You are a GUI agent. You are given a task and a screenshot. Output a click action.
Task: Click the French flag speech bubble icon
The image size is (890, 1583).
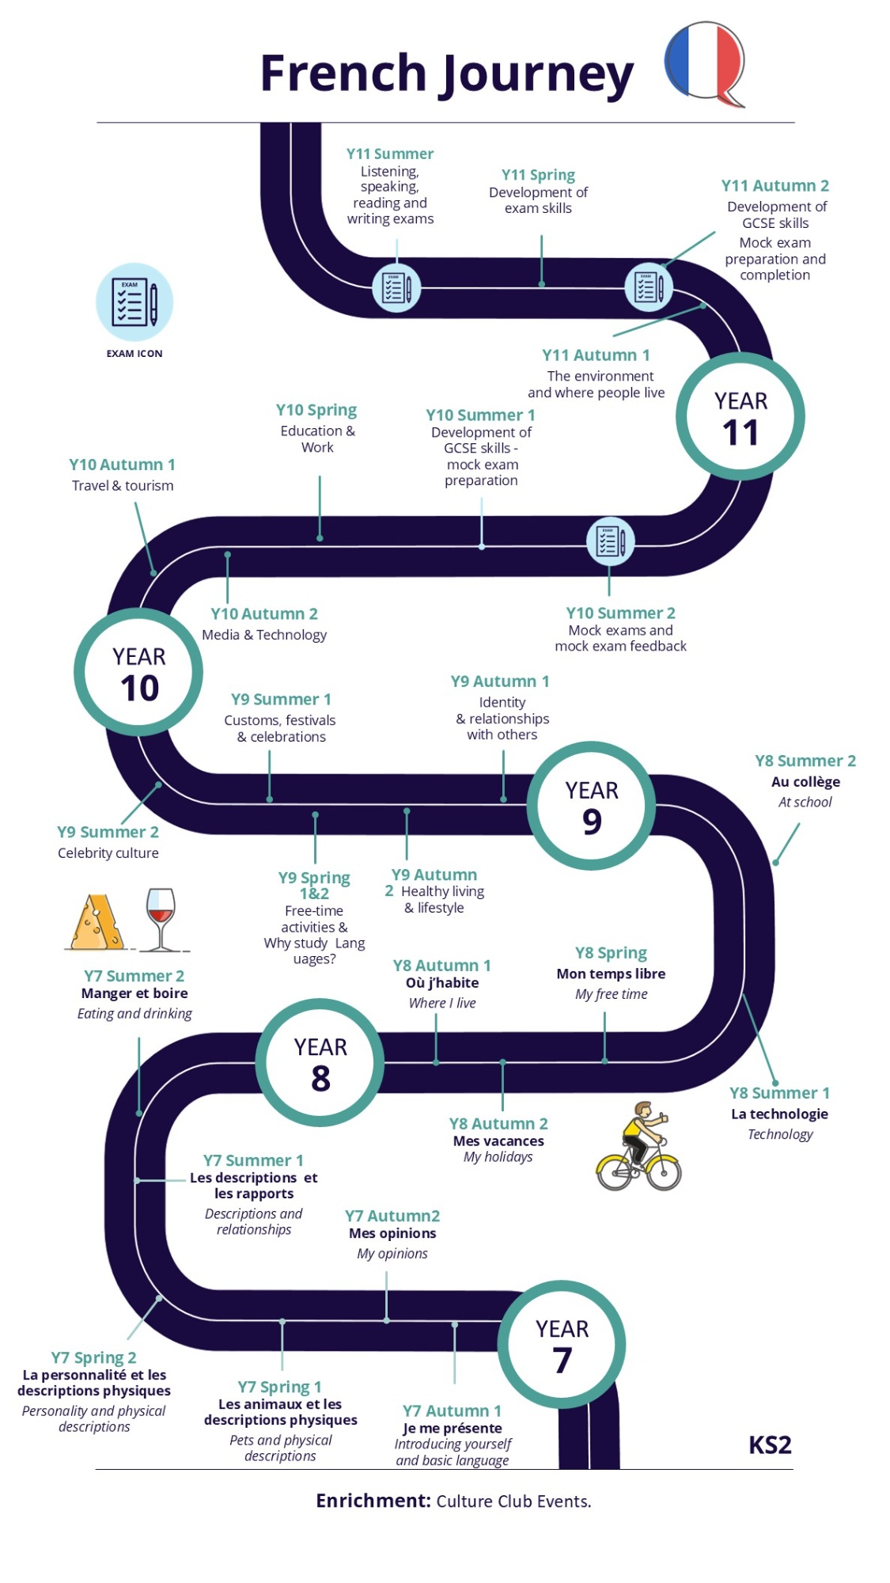(x=705, y=63)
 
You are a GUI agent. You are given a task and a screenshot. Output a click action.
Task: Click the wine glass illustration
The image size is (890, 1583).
(x=161, y=919)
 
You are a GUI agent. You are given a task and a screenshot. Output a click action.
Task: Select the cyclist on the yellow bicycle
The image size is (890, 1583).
(x=638, y=1146)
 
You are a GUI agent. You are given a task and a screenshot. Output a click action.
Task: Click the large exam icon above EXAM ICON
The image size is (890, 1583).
(x=134, y=302)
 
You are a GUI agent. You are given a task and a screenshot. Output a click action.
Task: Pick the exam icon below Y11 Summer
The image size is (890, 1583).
(x=396, y=287)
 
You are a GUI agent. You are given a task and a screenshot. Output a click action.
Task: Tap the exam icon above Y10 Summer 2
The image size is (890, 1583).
(x=610, y=541)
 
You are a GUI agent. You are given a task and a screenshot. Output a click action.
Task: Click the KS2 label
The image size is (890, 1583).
(x=770, y=1445)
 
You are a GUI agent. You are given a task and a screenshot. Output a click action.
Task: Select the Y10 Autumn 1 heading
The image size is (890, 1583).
(x=122, y=465)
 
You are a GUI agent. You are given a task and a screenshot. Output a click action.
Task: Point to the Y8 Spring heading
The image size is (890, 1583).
(x=611, y=953)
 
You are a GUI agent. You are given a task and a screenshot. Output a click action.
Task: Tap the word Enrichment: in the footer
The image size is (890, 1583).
(x=373, y=1501)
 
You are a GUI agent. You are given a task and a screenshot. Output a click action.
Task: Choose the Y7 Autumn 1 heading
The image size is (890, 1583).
(x=452, y=1410)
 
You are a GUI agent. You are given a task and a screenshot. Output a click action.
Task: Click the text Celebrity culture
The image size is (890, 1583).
(x=108, y=852)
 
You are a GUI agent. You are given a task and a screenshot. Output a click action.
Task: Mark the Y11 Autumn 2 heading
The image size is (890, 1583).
(x=775, y=185)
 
